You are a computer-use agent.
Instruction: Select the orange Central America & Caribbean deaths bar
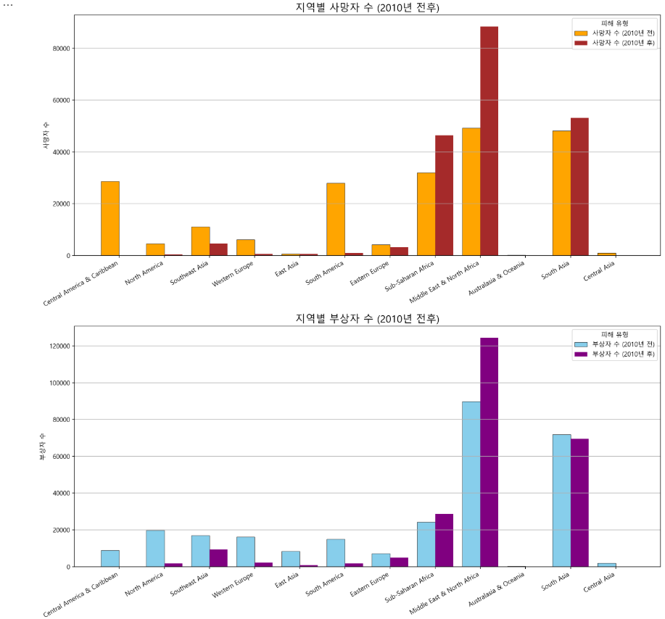[110, 218]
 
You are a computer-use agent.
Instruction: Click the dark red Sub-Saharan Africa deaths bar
[444, 195]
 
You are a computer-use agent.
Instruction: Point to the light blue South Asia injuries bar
[561, 500]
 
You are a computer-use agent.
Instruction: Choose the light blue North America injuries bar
[155, 548]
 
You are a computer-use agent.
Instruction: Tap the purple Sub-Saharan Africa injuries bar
[444, 540]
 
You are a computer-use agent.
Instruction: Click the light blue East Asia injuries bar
[291, 558]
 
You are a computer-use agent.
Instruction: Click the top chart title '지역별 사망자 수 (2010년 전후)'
[367, 8]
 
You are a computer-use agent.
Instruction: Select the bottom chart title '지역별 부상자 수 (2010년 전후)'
[367, 319]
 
